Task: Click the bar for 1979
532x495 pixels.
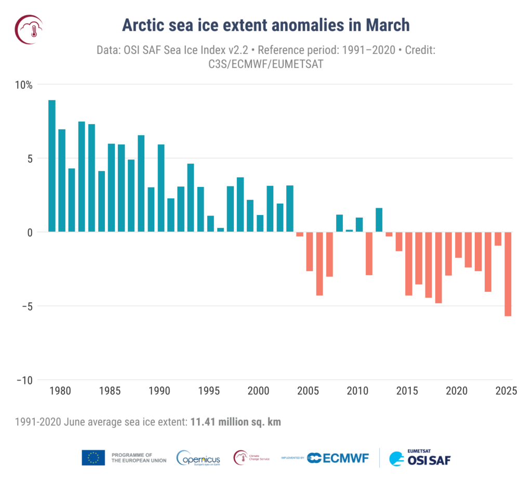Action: (52, 166)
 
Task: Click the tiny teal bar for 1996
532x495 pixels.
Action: (220, 230)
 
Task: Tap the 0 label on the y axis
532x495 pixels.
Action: (30, 232)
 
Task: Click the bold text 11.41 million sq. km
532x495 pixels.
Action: (234, 422)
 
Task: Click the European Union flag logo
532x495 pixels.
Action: (93, 458)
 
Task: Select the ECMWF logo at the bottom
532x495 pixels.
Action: (338, 458)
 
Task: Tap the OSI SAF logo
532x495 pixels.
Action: (419, 458)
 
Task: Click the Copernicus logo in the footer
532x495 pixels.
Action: (198, 458)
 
